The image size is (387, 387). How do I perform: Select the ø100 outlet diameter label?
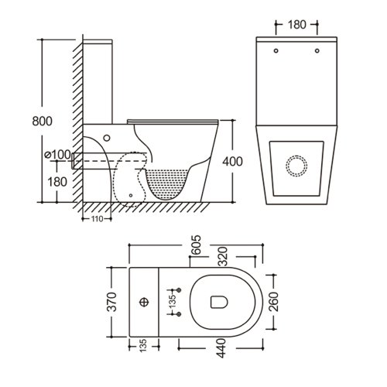57,155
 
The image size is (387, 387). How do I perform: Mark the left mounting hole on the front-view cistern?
276,52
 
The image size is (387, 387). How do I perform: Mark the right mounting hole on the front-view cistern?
317,52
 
